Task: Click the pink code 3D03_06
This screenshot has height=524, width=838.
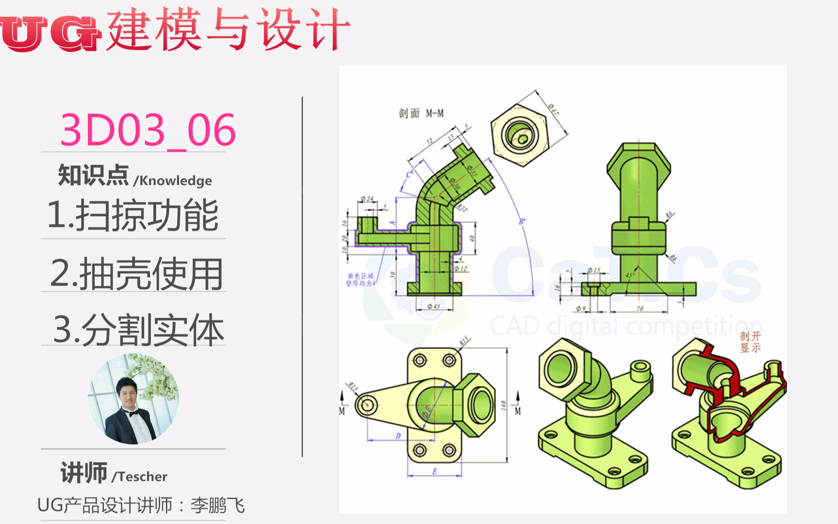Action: (148, 130)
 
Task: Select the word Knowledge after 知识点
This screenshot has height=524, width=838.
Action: (175, 181)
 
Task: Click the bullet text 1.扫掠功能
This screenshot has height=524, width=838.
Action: (133, 215)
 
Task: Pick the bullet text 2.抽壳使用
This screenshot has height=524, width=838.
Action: (136, 274)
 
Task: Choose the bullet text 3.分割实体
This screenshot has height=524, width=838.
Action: (138, 330)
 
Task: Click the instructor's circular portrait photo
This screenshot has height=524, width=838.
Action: (133, 399)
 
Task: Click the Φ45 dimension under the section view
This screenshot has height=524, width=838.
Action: (434, 306)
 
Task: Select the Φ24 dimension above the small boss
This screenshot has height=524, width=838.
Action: (367, 199)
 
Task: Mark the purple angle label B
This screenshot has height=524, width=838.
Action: (522, 221)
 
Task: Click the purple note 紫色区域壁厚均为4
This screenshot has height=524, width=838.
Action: (360, 280)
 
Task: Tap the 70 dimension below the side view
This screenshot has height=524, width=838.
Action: (640, 309)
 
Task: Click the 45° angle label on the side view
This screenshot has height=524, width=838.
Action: (630, 275)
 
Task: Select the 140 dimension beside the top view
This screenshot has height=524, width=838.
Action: (503, 405)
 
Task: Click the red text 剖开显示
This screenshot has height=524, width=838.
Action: (750, 342)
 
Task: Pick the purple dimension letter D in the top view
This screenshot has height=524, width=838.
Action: (398, 436)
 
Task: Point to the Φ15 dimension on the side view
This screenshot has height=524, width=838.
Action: (594, 270)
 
